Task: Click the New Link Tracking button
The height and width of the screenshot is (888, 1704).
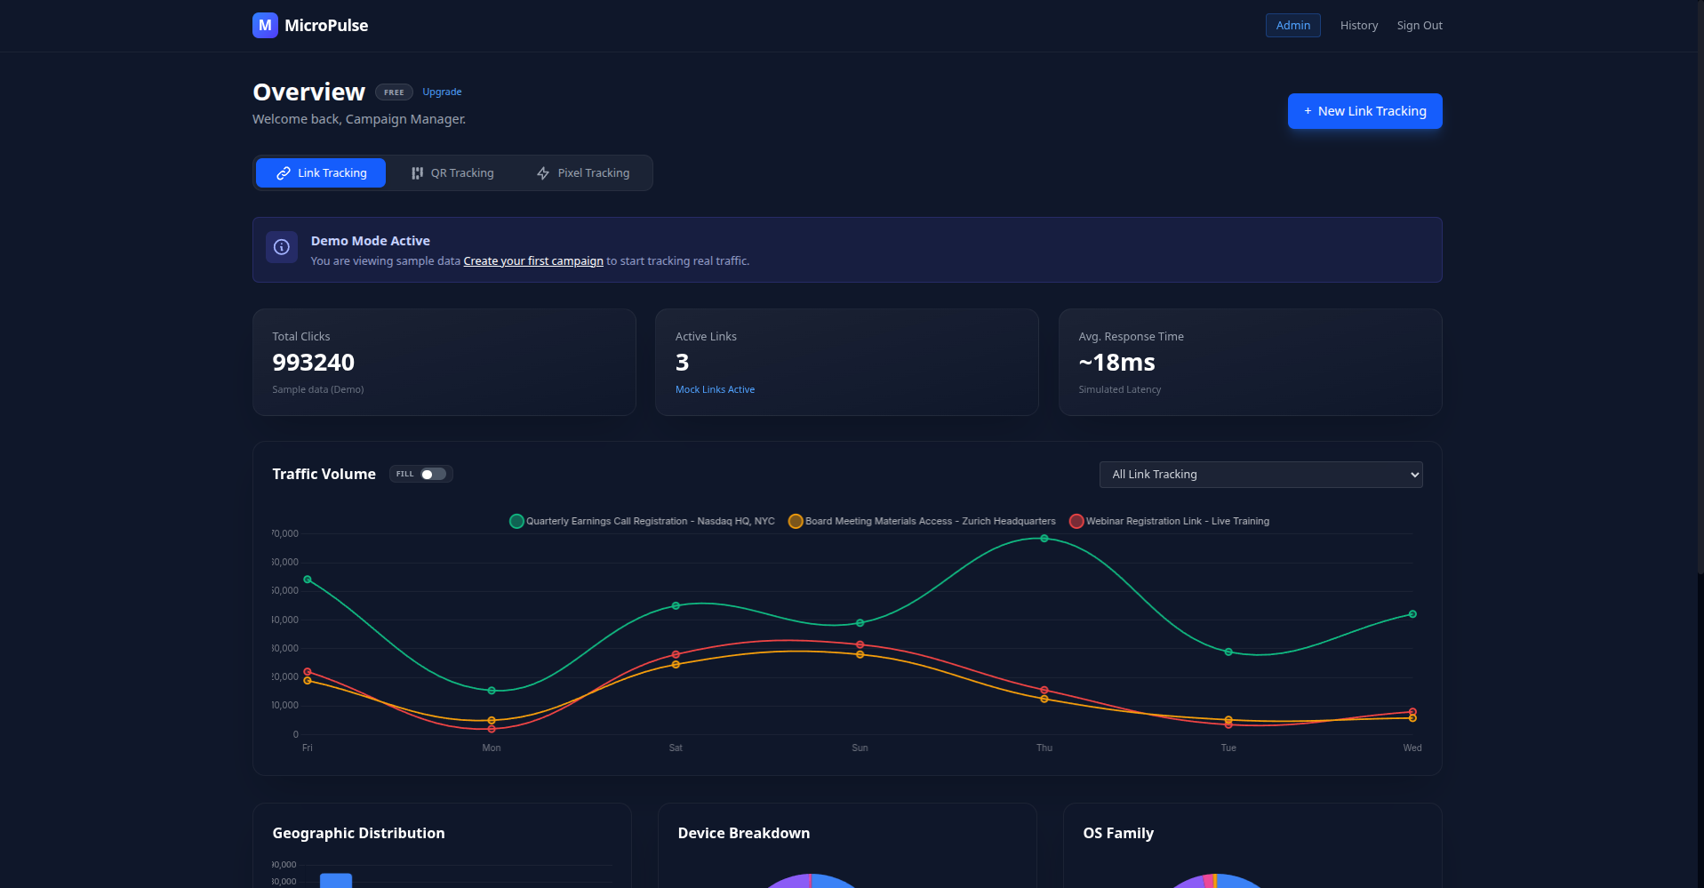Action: point(1364,111)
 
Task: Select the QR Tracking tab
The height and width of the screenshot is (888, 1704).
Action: point(452,173)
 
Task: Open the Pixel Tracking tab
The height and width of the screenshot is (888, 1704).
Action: point(583,173)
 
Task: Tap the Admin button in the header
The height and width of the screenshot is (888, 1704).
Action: point(1292,26)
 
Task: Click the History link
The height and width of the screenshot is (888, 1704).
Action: point(1358,26)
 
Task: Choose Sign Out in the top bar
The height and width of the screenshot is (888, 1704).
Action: point(1419,26)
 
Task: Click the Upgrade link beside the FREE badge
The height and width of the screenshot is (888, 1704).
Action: point(442,92)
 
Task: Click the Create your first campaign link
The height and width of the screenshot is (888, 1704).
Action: point(533,261)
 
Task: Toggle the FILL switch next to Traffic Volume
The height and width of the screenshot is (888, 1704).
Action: point(433,475)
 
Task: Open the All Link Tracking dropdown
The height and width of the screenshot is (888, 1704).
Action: point(1260,475)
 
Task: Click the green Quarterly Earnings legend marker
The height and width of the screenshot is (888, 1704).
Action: point(516,522)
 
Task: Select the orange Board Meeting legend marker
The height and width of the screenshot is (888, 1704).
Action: point(796,522)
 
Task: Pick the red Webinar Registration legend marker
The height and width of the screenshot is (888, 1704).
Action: point(1076,522)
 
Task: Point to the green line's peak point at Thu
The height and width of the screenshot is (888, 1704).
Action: point(1044,539)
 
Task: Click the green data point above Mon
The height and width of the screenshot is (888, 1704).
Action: point(492,691)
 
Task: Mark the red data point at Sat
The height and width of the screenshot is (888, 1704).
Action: point(676,655)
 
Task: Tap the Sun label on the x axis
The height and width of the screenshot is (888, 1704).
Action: point(860,748)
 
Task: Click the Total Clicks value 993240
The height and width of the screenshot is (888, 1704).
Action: point(313,363)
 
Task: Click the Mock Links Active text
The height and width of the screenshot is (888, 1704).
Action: point(715,390)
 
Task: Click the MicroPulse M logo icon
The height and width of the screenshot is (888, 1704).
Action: point(265,26)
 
